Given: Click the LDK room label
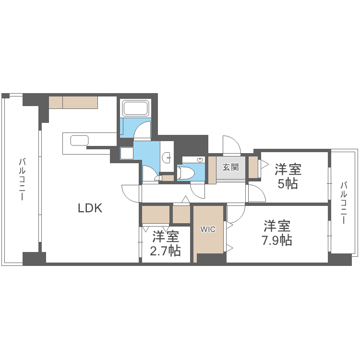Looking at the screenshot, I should (90, 208).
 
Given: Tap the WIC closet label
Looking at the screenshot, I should (208, 229).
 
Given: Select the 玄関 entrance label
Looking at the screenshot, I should (230, 168).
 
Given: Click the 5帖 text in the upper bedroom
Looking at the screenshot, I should (288, 183).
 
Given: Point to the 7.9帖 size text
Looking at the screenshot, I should (276, 240).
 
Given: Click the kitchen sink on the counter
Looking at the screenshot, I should (80, 141).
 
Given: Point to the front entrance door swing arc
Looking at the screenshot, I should (230, 144).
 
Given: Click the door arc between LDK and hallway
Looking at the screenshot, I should (130, 192).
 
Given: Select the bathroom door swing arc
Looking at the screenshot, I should (143, 130).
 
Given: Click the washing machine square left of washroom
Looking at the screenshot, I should (127, 153).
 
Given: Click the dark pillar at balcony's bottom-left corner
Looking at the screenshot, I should (34, 258).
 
